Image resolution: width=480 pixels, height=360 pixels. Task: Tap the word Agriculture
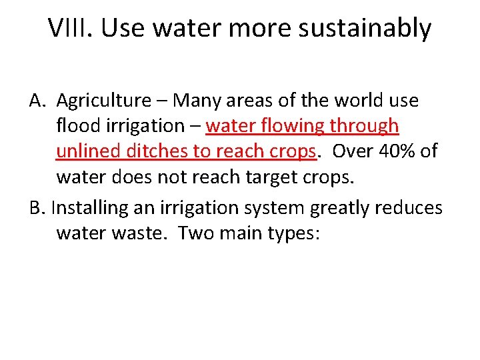tap(104, 101)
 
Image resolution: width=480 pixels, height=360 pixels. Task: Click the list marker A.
tap(37, 101)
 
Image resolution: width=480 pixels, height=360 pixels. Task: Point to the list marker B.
tap(37, 208)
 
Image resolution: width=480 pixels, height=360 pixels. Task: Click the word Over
tap(351, 151)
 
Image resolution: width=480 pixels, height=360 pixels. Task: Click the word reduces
tap(409, 208)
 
